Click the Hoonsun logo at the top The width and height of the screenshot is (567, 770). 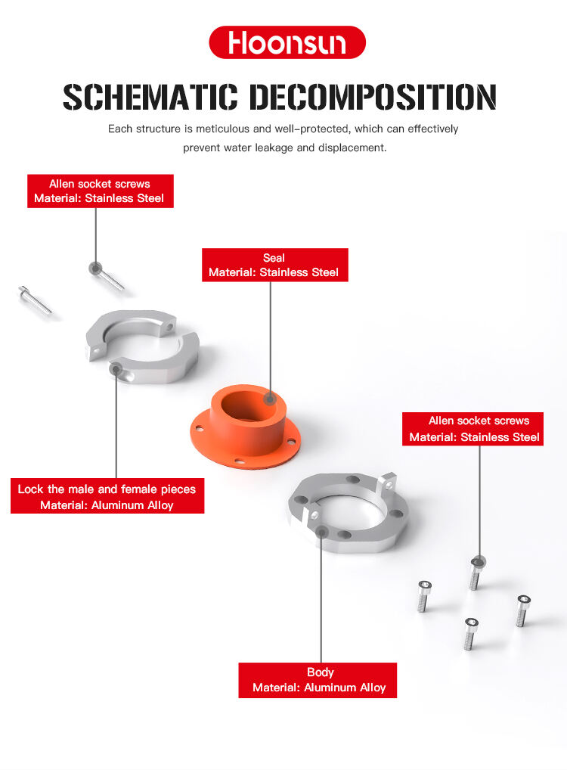pos(287,42)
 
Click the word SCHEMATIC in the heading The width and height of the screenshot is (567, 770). pos(150,98)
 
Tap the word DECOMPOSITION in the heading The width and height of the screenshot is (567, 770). pos(373,98)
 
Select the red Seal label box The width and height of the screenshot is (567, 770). pos(274,265)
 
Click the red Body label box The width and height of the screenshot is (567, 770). pos(318,680)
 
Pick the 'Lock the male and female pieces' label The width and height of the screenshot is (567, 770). pos(107,497)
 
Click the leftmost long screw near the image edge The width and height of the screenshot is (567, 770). pos(34,299)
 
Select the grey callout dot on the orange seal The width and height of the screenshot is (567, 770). pos(269,398)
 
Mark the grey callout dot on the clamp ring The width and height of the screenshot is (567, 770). pos(116,369)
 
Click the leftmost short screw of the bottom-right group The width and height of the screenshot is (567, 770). pos(425,597)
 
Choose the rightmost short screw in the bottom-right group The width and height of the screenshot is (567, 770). pos(522,610)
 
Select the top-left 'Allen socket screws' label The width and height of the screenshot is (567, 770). pos(100,191)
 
